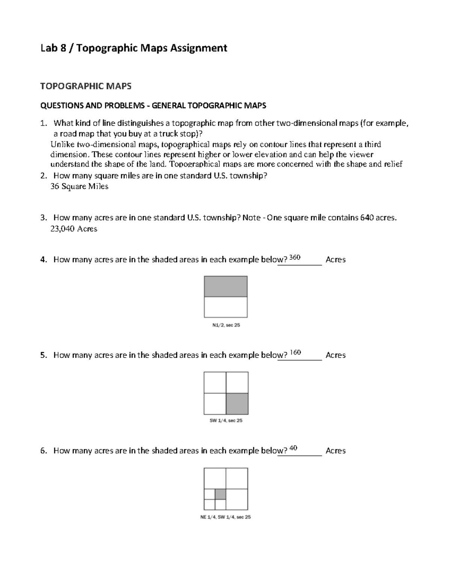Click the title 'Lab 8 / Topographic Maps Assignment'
click(134, 48)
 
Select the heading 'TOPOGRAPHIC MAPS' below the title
click(86, 86)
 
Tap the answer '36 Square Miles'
click(79, 187)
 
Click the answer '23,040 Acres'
click(74, 229)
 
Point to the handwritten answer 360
click(295, 258)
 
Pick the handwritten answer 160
click(295, 353)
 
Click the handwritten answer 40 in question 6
click(294, 448)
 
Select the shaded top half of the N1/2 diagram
click(225, 287)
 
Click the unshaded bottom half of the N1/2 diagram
click(225, 307)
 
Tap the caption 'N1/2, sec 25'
click(226, 325)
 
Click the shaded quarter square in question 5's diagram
click(237, 404)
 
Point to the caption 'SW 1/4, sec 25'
click(226, 420)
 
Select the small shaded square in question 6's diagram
click(220, 494)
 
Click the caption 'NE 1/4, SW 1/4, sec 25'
click(225, 517)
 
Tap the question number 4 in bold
click(43, 259)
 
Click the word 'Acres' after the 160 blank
click(336, 355)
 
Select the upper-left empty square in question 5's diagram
click(215, 382)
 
